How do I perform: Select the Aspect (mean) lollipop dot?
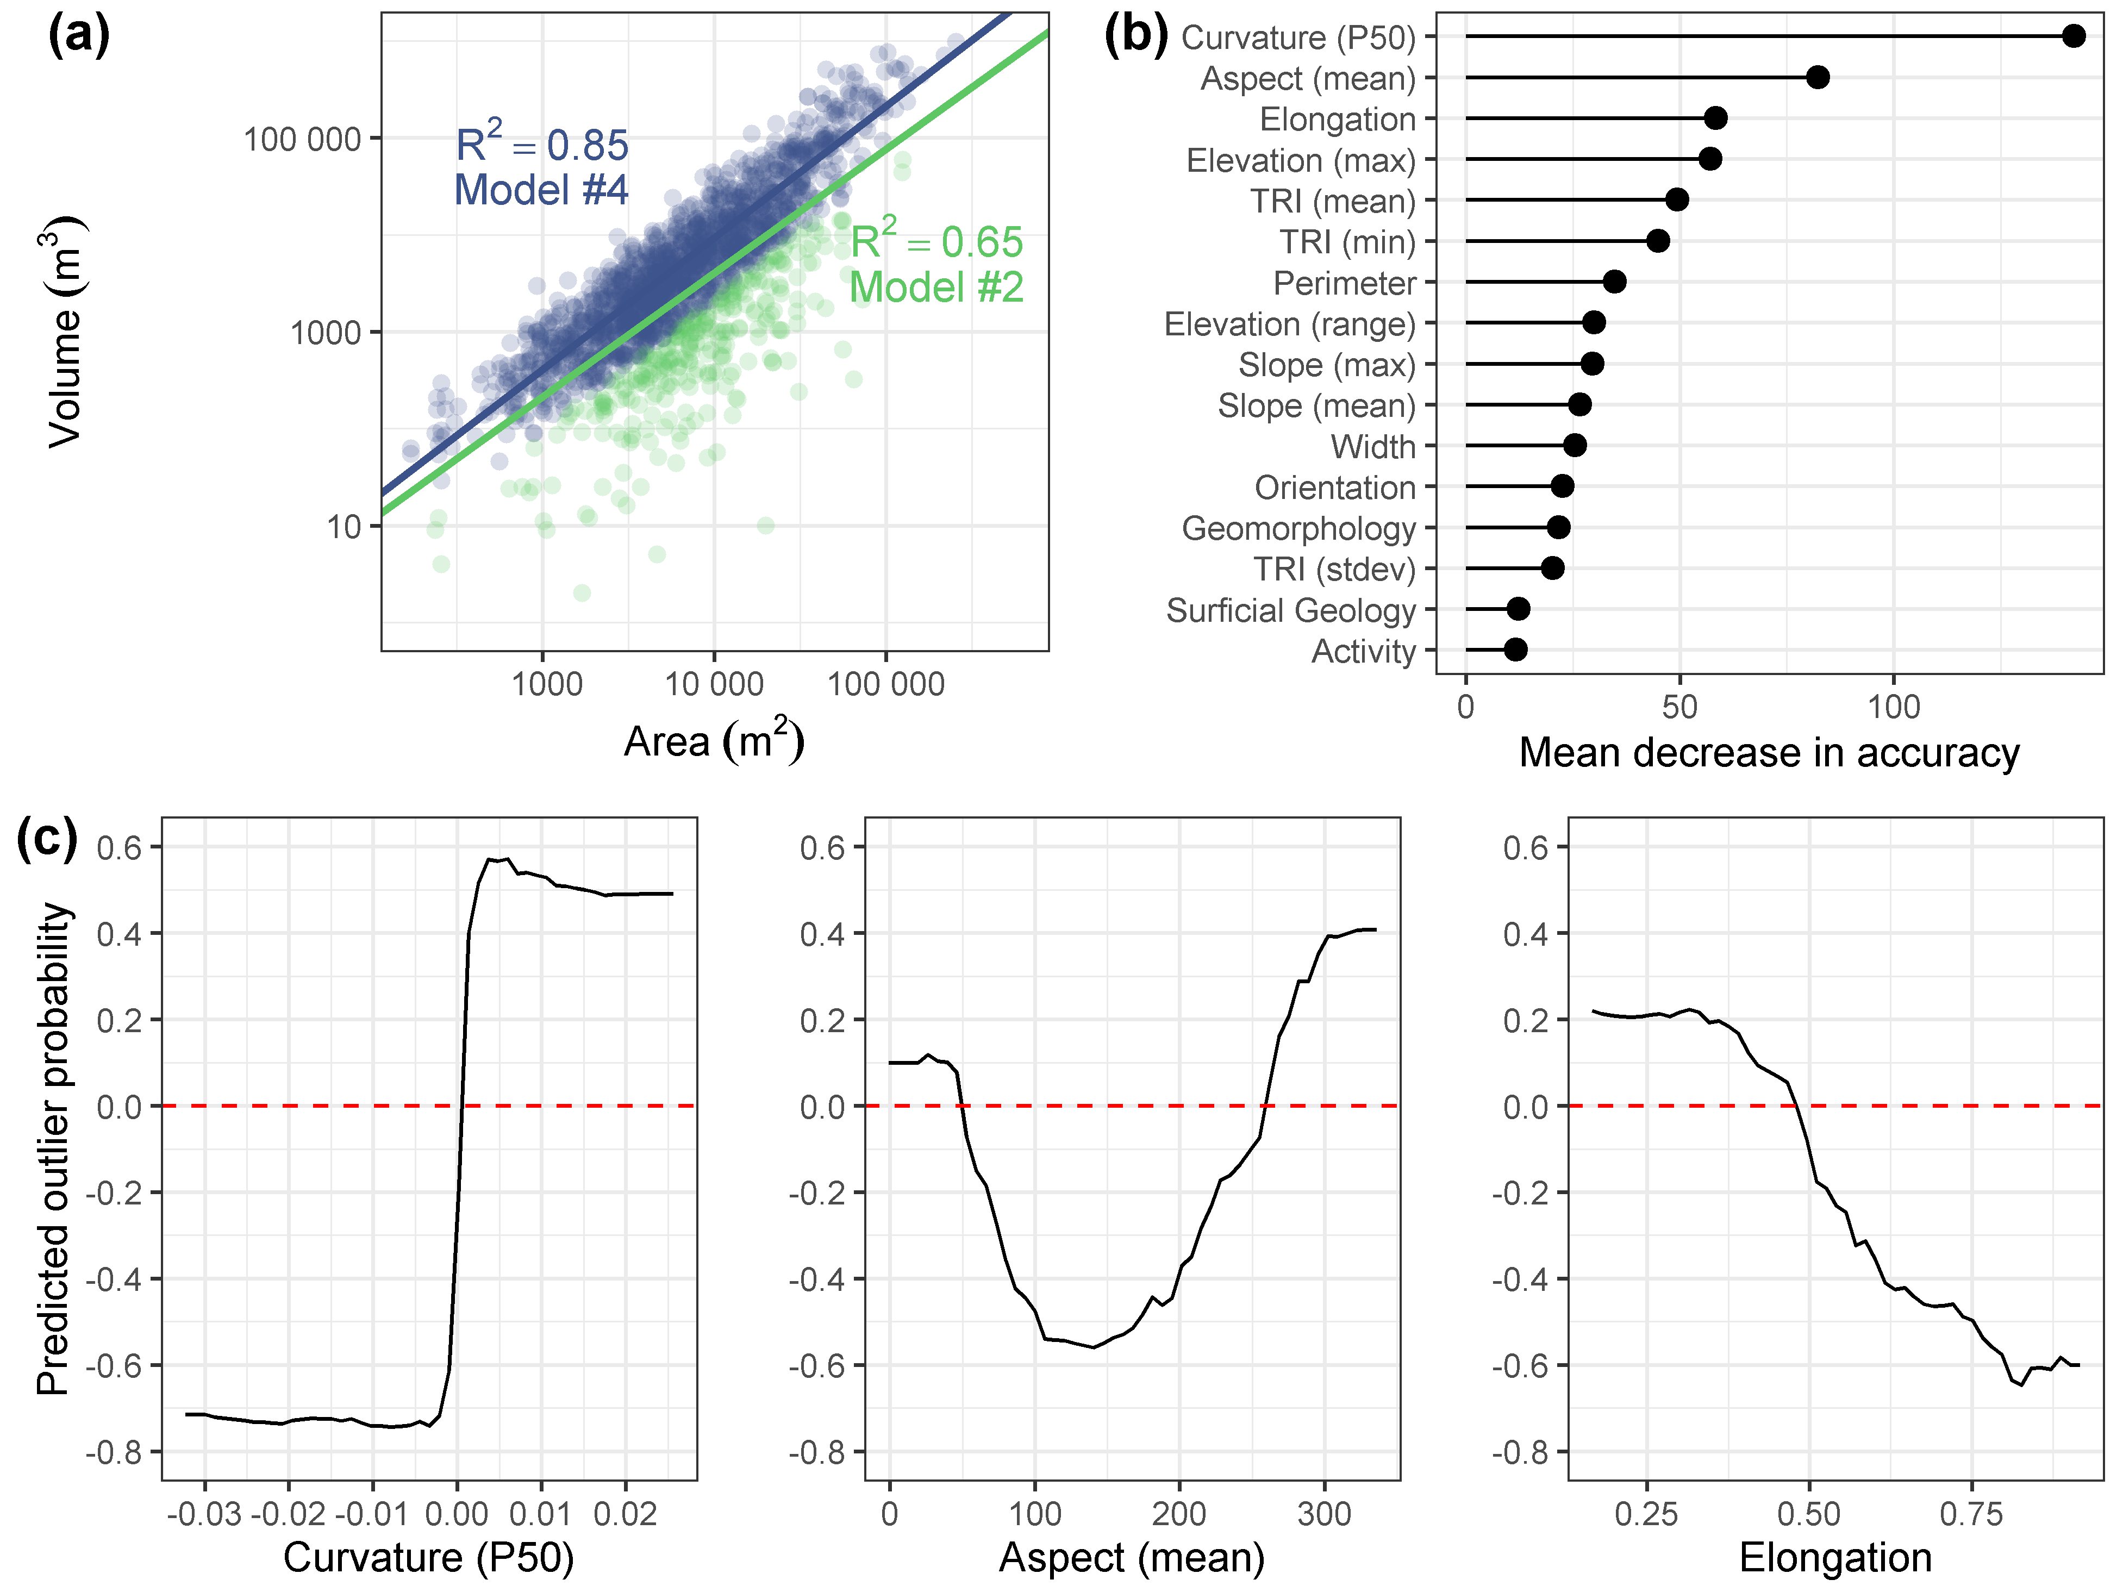point(1817,78)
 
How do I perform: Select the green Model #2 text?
point(936,287)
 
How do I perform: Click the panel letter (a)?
point(79,35)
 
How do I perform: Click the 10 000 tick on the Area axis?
point(714,684)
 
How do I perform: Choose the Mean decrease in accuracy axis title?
point(1769,753)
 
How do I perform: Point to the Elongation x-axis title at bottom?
point(1835,1557)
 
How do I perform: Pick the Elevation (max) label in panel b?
point(1301,160)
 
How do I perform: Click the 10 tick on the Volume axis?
point(344,527)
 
